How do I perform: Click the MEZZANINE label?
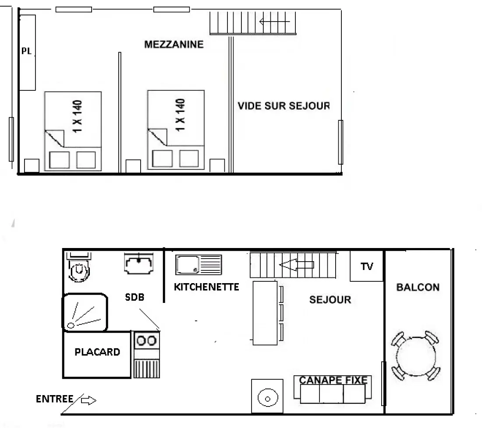(174, 44)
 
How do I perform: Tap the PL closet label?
(26, 51)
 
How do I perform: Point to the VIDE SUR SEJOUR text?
(284, 106)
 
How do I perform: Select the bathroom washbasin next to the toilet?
(138, 263)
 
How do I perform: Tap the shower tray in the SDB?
(85, 312)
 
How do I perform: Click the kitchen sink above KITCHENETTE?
(198, 265)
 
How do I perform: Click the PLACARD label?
(97, 352)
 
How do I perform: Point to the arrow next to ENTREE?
(89, 400)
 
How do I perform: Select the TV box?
(367, 266)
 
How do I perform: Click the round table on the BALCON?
(416, 356)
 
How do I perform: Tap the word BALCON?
(418, 287)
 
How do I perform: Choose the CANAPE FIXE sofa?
(333, 389)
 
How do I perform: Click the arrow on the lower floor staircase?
(296, 265)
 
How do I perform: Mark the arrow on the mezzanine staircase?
(274, 22)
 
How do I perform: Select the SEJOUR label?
(330, 299)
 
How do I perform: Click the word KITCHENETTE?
(206, 287)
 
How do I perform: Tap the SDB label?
(135, 297)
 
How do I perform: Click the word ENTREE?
(54, 399)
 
